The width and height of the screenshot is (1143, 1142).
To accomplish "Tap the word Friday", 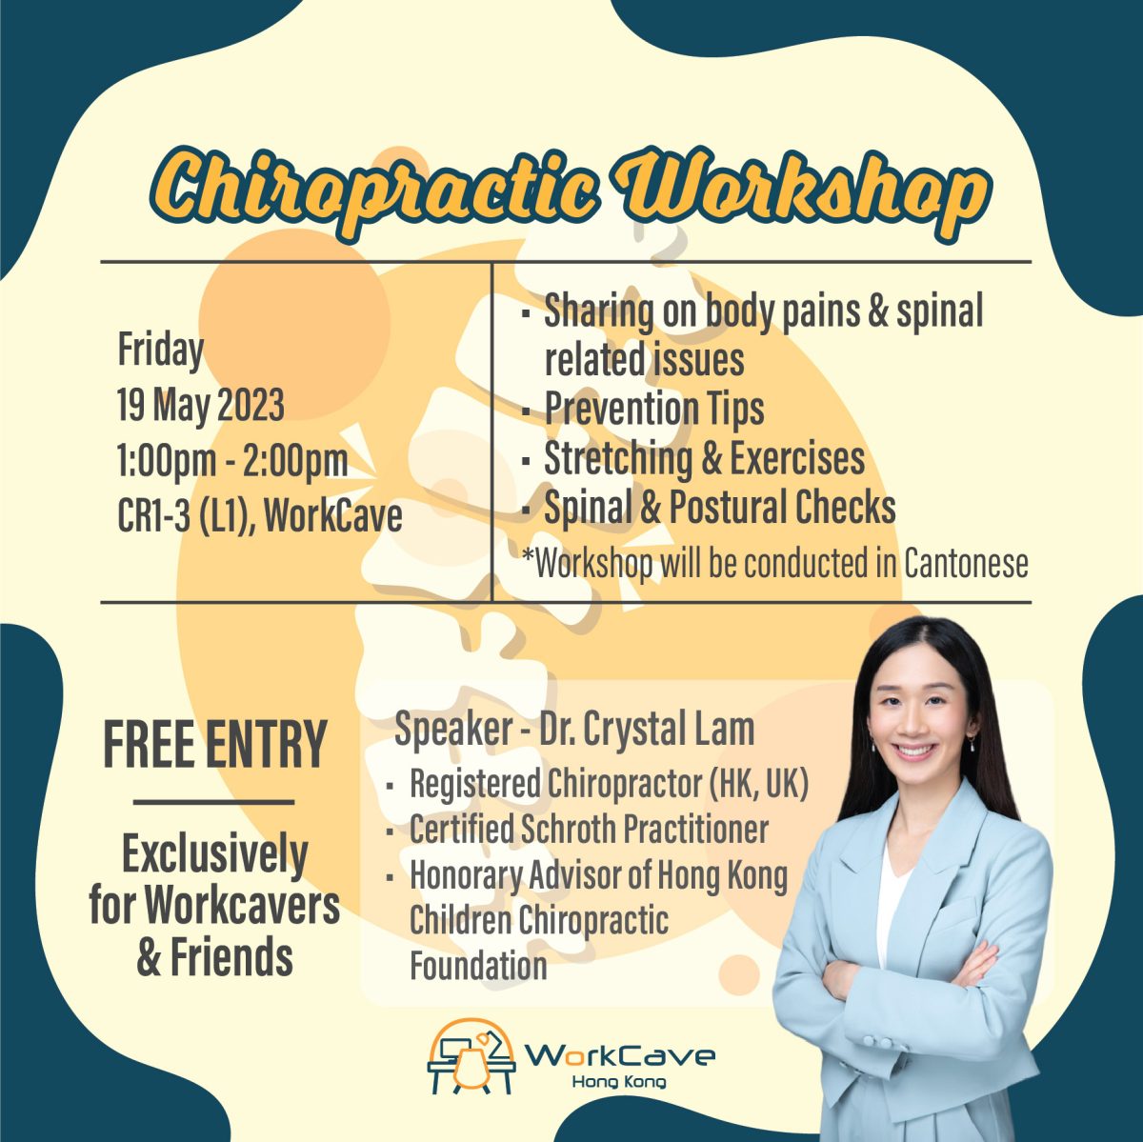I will tap(160, 351).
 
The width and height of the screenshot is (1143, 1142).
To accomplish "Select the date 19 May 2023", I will tap(201, 406).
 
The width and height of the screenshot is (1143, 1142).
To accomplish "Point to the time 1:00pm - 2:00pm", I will tap(232, 461).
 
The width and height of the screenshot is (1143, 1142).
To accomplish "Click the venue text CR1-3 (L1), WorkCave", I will tap(259, 516).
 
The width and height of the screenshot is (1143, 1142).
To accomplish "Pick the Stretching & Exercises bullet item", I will tap(704, 459).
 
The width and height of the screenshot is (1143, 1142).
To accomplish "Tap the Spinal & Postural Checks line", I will tap(719, 508).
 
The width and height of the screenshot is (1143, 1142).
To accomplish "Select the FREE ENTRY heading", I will tap(214, 746).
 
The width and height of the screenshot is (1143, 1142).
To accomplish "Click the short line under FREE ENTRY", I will tap(213, 802).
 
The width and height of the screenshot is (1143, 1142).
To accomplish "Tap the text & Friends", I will tap(214, 957).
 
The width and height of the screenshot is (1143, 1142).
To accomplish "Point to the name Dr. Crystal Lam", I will tap(647, 730).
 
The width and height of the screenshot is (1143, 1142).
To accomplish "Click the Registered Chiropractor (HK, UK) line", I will tap(609, 785).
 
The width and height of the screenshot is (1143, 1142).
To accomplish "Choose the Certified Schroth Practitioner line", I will tap(589, 830).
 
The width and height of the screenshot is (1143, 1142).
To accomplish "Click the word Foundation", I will tap(478, 966).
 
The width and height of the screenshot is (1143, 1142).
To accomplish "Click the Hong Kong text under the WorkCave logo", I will tap(618, 1082).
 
